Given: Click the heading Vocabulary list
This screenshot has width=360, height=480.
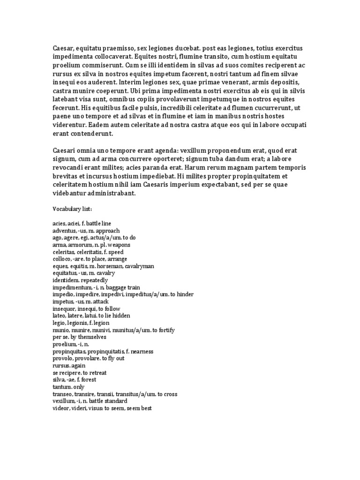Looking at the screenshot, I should tap(72, 209).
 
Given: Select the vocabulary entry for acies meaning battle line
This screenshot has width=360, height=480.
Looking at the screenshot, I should tap(82, 224).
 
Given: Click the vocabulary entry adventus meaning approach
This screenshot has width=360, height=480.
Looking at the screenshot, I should tap(86, 231).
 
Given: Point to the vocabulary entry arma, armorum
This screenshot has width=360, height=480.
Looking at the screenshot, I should tap(91, 245).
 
